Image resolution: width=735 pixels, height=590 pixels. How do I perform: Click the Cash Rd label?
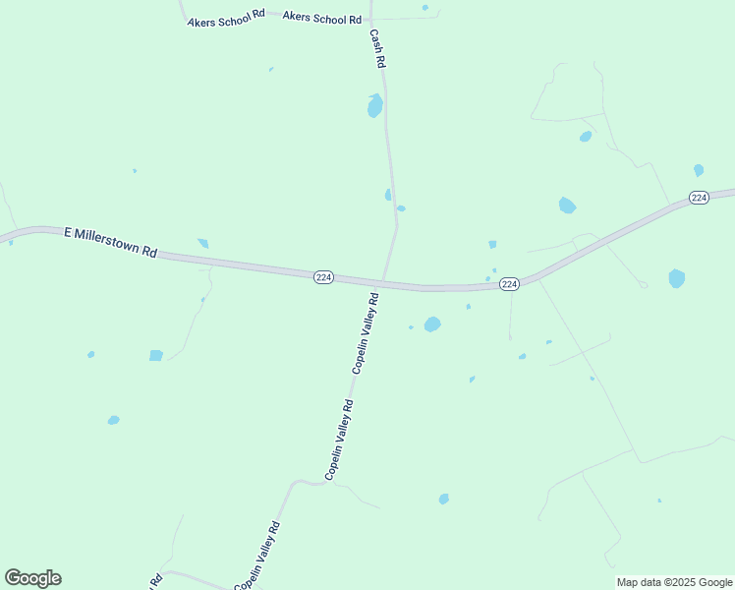(x=377, y=47)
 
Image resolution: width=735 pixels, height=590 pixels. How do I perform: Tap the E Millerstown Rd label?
(x=111, y=242)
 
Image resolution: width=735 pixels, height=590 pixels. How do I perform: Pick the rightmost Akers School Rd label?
(x=322, y=18)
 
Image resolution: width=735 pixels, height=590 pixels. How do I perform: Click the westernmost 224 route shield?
(x=324, y=278)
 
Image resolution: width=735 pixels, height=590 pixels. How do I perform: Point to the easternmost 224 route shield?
(x=699, y=198)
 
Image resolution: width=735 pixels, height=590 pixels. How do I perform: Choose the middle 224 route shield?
(x=509, y=283)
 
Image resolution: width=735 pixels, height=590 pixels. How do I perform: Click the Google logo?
(x=32, y=578)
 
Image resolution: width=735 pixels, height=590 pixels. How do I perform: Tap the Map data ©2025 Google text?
(x=675, y=582)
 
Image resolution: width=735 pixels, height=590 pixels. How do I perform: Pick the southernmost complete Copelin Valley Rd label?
(x=257, y=556)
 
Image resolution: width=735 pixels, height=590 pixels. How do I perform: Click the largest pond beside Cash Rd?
(x=374, y=105)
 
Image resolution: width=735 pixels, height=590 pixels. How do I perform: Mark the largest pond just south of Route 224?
(x=431, y=324)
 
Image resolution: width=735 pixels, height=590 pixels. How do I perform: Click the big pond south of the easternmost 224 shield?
(x=676, y=278)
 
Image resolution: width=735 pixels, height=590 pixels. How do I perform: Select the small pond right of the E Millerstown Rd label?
(x=203, y=243)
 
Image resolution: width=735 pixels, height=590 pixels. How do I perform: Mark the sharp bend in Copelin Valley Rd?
(x=316, y=482)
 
